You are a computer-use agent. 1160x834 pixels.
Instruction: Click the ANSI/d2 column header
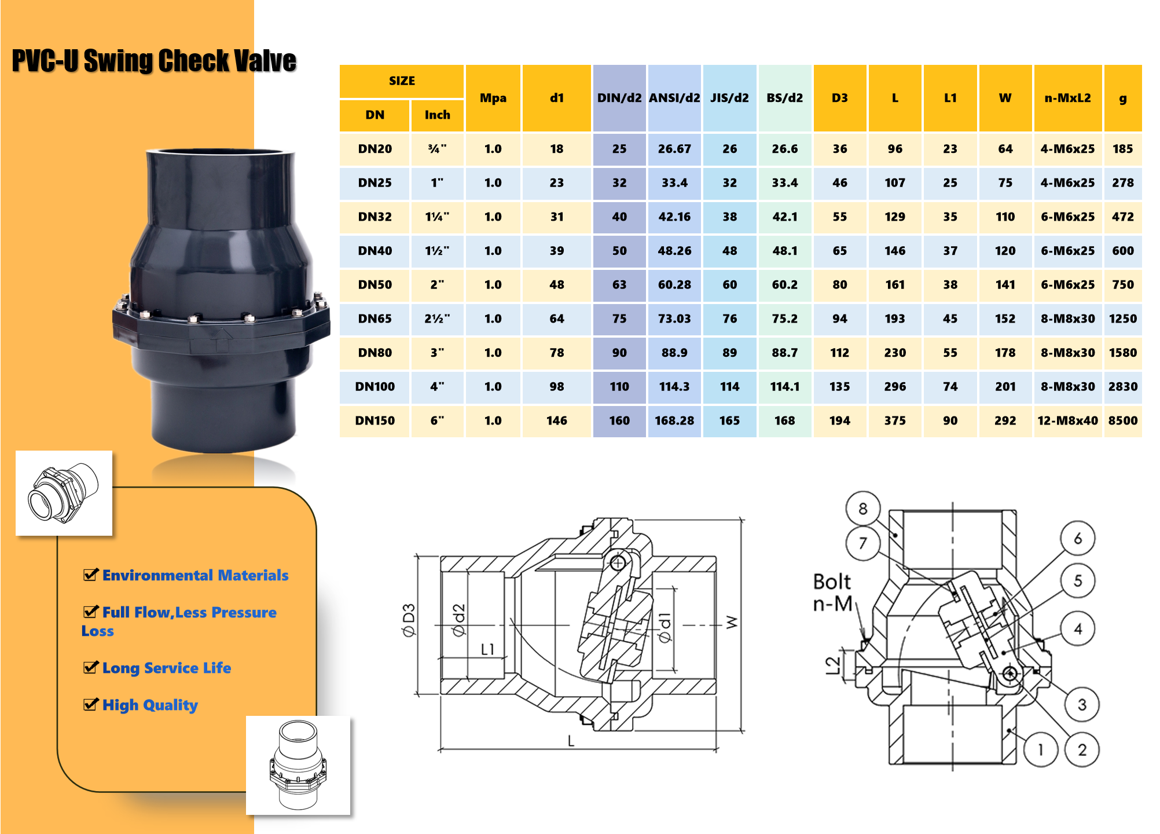pyautogui.click(x=674, y=98)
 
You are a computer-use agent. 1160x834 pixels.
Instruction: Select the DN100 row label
pyautogui.click(x=375, y=386)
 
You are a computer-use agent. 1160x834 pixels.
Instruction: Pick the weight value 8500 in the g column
pyautogui.click(x=1122, y=420)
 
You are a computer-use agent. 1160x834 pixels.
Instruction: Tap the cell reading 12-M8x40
pyautogui.click(x=1067, y=420)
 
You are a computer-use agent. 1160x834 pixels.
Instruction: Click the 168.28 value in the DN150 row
pyautogui.click(x=674, y=420)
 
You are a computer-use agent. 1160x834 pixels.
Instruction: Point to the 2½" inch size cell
pyautogui.click(x=437, y=319)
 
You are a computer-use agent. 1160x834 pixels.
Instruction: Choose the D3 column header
pyautogui.click(x=839, y=98)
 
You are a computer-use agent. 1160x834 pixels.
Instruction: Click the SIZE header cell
pyautogui.click(x=402, y=81)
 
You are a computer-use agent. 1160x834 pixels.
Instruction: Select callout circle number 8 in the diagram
pyautogui.click(x=862, y=509)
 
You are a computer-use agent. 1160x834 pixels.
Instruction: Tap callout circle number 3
pyautogui.click(x=1081, y=704)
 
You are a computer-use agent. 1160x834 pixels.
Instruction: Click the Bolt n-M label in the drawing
pyautogui.click(x=832, y=592)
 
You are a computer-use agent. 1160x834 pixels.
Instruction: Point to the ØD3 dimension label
pyautogui.click(x=409, y=620)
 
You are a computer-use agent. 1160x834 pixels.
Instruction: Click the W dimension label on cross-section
pyautogui.click(x=732, y=622)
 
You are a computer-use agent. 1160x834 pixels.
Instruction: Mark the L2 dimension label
pyautogui.click(x=832, y=665)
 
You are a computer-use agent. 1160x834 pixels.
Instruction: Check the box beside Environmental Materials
pyautogui.click(x=90, y=575)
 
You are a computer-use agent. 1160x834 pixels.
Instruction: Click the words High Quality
pyautogui.click(x=150, y=705)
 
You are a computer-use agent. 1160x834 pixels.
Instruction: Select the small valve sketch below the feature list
pyautogui.click(x=298, y=765)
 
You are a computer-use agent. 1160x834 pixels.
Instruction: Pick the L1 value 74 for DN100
pyautogui.click(x=950, y=386)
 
